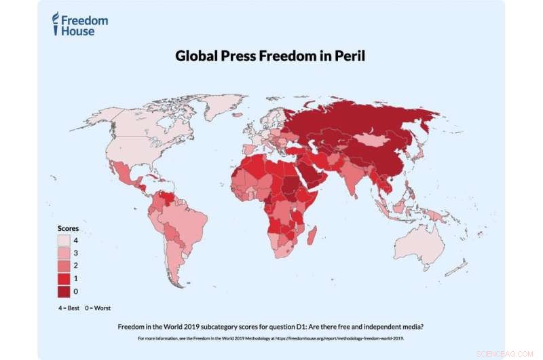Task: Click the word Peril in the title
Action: click(348, 56)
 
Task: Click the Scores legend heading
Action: click(68, 229)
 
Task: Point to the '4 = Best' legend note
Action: click(69, 307)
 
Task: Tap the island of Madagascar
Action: click(313, 235)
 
